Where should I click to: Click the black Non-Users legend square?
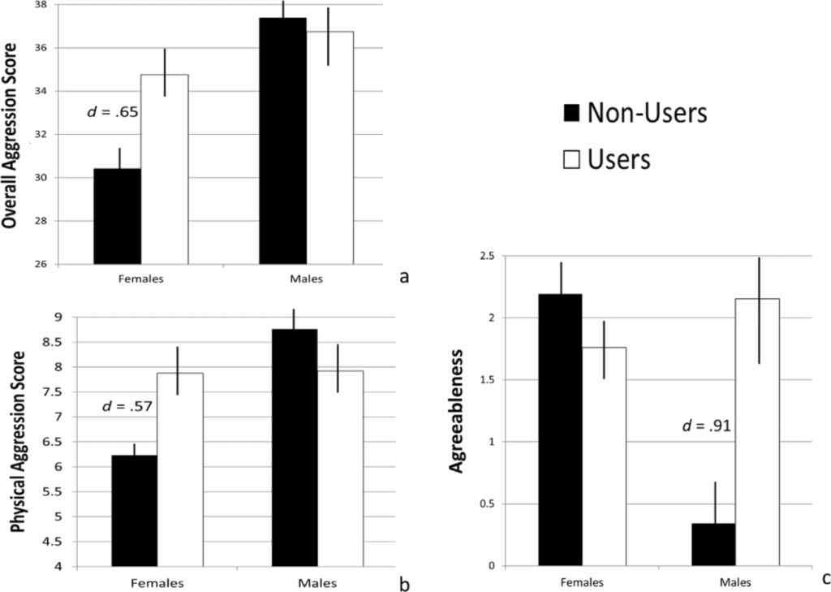[570, 114]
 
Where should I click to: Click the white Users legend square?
[570, 159]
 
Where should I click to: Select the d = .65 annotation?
[114, 111]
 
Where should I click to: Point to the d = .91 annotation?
[703, 425]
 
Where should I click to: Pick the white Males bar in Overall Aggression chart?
[329, 147]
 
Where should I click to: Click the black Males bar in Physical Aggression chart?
[295, 447]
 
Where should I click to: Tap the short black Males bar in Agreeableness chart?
[713, 544]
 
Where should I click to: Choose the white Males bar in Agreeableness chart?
[757, 431]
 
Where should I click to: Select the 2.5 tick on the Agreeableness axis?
[485, 257]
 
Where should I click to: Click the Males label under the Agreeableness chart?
[734, 582]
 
